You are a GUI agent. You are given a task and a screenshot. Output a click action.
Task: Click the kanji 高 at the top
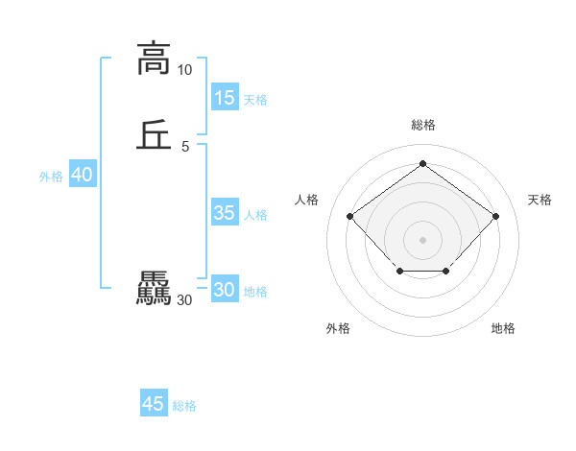[153, 58]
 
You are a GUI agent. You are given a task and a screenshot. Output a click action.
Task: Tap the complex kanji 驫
[153, 290]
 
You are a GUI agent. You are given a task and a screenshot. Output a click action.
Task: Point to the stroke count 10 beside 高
[184, 70]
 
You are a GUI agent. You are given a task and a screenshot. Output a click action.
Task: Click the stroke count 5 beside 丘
[184, 146]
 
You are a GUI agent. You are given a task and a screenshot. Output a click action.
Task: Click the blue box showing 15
[224, 97]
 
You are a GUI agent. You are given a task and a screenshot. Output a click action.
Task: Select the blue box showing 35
[224, 213]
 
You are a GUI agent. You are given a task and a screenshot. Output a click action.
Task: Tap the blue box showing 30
[224, 290]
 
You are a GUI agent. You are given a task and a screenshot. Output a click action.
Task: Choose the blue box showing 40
[82, 175]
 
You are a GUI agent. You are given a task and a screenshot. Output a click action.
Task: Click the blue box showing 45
[154, 404]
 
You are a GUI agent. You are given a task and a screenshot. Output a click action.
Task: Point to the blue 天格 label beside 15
[255, 99]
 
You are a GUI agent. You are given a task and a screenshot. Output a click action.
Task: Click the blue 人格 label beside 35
[255, 215]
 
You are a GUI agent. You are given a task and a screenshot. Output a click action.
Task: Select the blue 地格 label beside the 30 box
[255, 292]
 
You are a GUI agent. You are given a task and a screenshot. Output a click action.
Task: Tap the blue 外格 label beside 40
[51, 177]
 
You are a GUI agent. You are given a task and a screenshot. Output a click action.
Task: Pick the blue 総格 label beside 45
[184, 406]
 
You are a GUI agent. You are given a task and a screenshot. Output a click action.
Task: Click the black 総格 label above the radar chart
[422, 125]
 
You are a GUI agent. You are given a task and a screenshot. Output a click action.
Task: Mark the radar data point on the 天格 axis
[495, 216]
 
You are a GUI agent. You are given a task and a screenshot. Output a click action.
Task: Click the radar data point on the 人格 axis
[349, 216]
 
